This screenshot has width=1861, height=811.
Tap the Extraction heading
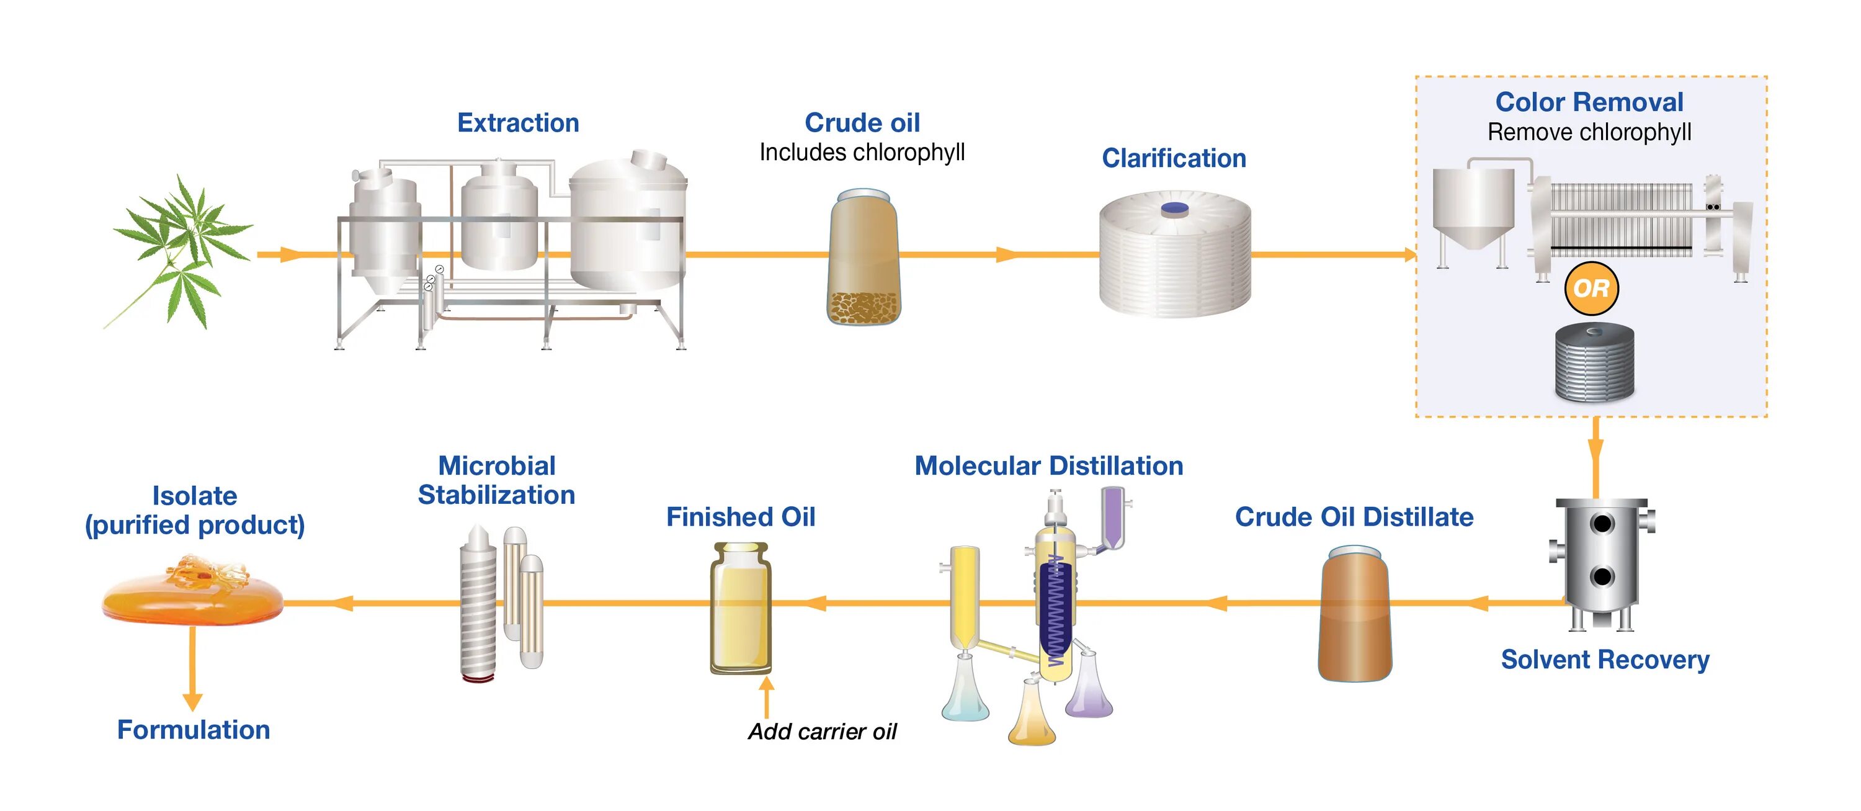pyautogui.click(x=518, y=123)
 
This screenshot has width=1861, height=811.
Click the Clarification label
pyautogui.click(x=1174, y=158)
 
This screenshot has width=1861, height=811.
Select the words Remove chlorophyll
pyautogui.click(x=1589, y=132)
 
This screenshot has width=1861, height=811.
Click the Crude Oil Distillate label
pyautogui.click(x=1354, y=517)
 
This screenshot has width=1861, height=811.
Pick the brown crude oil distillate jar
pyautogui.click(x=1355, y=614)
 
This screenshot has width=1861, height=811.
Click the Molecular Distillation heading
pyautogui.click(x=1049, y=466)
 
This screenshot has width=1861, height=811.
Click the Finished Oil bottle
pyautogui.click(x=741, y=609)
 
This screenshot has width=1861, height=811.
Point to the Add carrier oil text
pyautogui.click(x=822, y=732)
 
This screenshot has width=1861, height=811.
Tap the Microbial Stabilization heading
pyautogui.click(x=497, y=481)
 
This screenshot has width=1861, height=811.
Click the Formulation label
pyautogui.click(x=194, y=730)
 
